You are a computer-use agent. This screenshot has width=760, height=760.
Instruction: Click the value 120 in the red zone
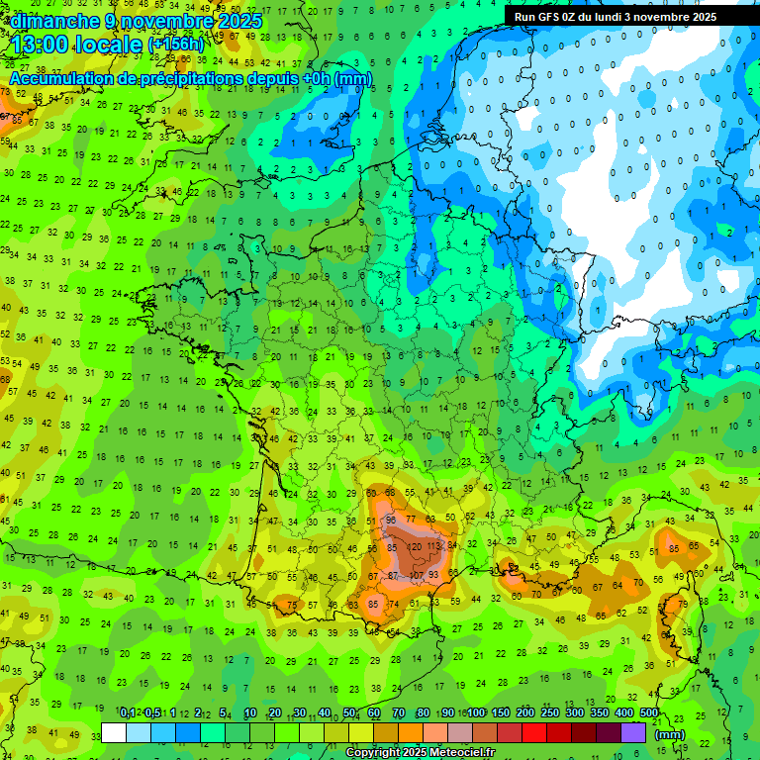tap(416, 546)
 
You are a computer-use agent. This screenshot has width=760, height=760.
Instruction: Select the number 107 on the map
tap(416, 575)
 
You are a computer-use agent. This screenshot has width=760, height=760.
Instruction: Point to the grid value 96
tap(391, 520)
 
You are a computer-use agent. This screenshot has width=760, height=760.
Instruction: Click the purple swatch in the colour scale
tap(633, 732)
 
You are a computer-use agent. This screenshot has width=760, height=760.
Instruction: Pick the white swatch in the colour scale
tap(114, 732)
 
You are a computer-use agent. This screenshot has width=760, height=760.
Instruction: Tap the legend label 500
tap(649, 713)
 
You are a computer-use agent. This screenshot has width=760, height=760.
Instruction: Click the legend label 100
tap(476, 713)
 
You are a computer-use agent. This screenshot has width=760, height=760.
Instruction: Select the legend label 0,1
tap(128, 713)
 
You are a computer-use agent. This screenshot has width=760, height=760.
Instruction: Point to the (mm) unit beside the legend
tap(670, 734)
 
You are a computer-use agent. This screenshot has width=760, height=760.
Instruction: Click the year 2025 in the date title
tap(239, 21)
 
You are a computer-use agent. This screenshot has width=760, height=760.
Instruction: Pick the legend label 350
tap(600, 713)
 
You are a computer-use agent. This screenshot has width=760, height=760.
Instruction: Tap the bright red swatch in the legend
tap(534, 732)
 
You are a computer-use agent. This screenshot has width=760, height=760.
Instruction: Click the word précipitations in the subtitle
tap(192, 78)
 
